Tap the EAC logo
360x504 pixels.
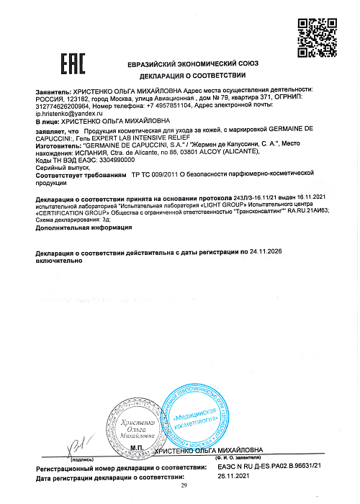73,65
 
